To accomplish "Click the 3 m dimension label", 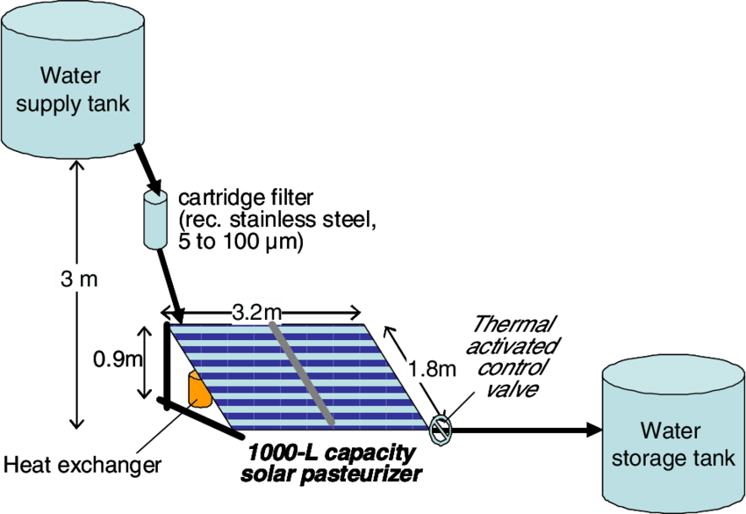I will (x=79, y=279).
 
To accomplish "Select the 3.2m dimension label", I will (x=257, y=311).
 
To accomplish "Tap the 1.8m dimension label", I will (x=431, y=368).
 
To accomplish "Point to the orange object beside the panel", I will (x=199, y=390).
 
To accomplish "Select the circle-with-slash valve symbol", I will (x=441, y=431).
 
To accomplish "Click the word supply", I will (x=48, y=104).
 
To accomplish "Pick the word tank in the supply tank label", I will (x=107, y=104).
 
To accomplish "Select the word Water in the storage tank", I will (x=671, y=431).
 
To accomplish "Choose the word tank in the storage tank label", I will (x=714, y=459).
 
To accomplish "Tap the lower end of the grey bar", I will (x=331, y=424).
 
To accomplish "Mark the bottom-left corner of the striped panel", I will (x=233, y=428).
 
